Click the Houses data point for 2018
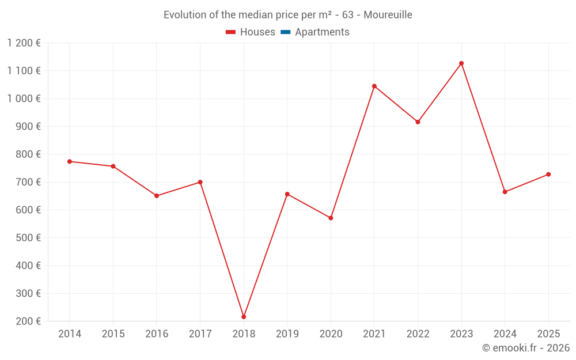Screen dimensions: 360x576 [x=244, y=317]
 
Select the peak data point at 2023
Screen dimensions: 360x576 [x=461, y=63]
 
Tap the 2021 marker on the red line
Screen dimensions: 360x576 [x=374, y=86]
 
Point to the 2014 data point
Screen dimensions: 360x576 [x=70, y=161]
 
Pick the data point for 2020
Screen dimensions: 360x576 [x=331, y=218]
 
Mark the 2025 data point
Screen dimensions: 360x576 [x=548, y=175]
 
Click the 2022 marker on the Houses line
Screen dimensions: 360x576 [x=418, y=122]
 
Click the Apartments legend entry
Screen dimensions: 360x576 [x=322, y=32]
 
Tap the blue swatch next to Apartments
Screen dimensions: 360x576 [x=285, y=32]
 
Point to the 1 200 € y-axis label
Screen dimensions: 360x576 [x=24, y=43]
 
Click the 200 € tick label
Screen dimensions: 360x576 [x=28, y=321]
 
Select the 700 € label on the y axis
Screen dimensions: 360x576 [x=28, y=182]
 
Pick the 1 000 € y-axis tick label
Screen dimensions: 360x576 [x=24, y=98]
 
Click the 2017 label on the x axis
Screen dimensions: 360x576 [x=200, y=334]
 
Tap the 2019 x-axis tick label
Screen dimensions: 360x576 [x=287, y=334]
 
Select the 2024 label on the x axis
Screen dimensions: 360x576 [x=505, y=334]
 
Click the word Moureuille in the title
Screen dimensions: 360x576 [x=388, y=15]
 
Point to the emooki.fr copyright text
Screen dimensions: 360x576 [x=526, y=348]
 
